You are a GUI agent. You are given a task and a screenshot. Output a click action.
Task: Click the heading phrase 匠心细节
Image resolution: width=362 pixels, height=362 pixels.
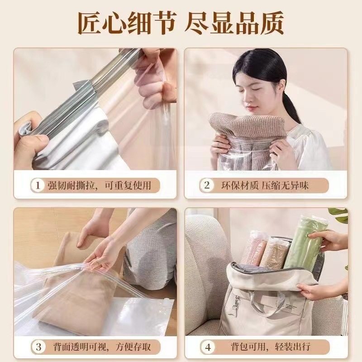coord(127,23)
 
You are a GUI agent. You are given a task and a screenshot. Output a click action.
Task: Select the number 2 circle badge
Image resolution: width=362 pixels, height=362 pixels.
coord(207,185)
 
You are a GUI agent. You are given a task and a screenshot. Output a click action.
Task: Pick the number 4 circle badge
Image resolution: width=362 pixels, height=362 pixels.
coord(208,347)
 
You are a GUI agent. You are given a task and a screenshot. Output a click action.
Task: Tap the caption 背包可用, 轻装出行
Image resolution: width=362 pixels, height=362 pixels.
coord(265,347)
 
